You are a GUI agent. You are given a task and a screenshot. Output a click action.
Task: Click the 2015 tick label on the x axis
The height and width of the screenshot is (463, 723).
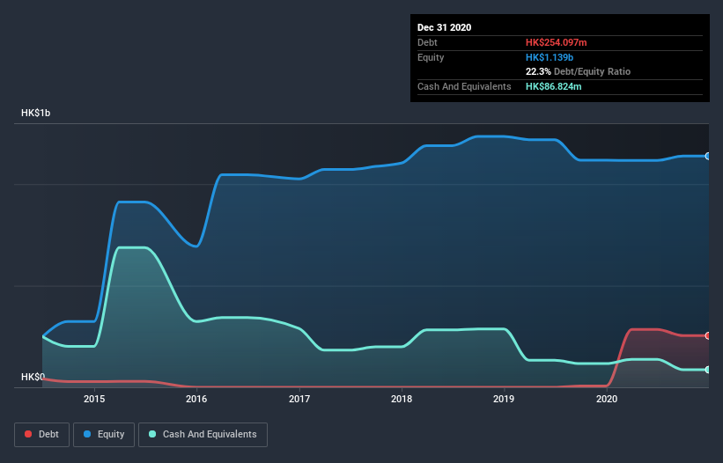[x=94, y=399]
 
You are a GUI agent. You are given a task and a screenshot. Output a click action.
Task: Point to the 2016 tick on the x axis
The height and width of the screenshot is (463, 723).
[x=196, y=399]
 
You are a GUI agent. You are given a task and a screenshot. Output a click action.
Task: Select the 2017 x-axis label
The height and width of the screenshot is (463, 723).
[x=299, y=399]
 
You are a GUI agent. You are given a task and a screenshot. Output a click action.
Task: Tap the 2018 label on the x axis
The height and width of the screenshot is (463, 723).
[x=402, y=399]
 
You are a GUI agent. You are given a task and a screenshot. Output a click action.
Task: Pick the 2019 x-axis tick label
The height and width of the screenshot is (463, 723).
[x=505, y=399]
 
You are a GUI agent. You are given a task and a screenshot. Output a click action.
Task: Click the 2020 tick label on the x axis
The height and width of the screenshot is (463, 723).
[x=607, y=399]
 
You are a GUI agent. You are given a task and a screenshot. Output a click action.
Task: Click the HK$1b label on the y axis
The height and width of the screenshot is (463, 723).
[x=36, y=114]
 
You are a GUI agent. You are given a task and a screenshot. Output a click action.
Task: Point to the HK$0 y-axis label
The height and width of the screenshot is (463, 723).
[x=33, y=377]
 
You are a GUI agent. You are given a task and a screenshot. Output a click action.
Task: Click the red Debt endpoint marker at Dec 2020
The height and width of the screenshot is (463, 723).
[x=707, y=335]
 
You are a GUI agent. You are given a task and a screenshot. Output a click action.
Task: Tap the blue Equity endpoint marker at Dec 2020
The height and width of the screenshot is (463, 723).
[x=707, y=156]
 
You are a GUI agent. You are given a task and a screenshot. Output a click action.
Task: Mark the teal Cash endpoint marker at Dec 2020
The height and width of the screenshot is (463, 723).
[x=707, y=370]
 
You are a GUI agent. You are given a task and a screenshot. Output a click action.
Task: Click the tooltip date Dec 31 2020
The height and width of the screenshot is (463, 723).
[x=444, y=27]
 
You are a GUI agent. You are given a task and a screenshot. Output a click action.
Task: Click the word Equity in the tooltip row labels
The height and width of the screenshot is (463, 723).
[x=431, y=57]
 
